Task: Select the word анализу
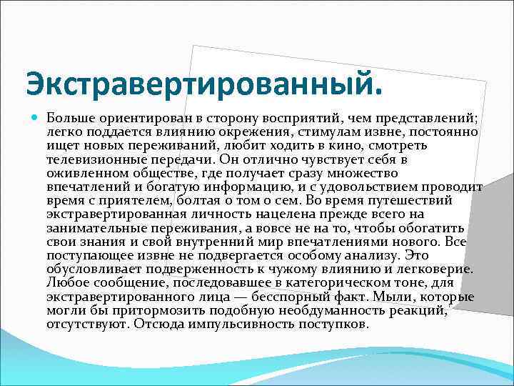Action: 372,254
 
